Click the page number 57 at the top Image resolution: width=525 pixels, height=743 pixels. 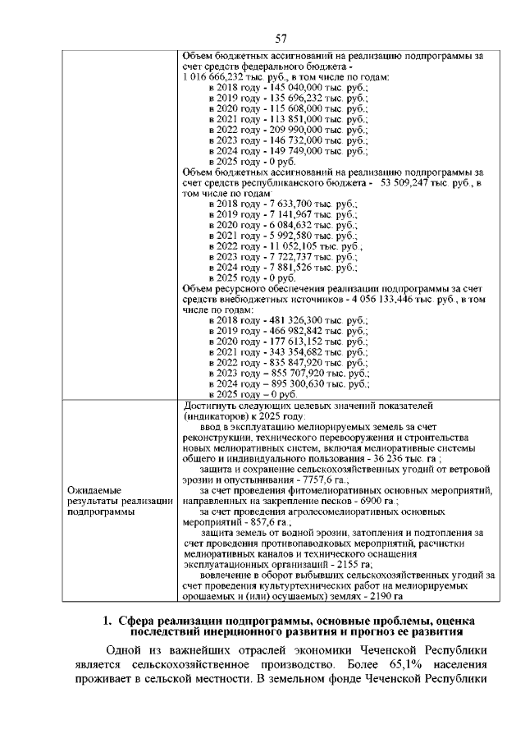(x=281, y=38)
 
